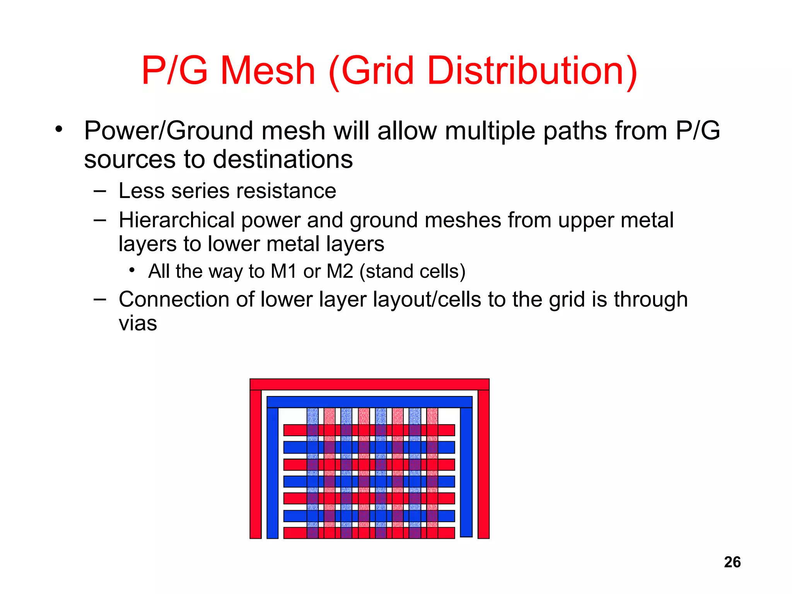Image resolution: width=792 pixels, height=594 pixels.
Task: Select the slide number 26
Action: coord(732,562)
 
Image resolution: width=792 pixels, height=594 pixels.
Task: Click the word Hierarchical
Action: coord(176,220)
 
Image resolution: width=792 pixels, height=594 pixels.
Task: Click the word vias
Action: coord(138,323)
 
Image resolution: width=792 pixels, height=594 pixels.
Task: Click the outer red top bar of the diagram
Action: coord(369,384)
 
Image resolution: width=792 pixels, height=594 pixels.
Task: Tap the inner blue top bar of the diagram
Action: coord(369,402)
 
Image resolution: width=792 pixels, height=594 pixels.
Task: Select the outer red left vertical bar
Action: coord(256,464)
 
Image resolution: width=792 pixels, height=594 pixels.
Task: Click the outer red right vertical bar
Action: coord(483,464)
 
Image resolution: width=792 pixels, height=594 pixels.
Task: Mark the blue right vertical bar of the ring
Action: coord(466,472)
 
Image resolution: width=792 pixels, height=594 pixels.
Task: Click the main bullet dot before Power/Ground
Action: coord(58,129)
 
